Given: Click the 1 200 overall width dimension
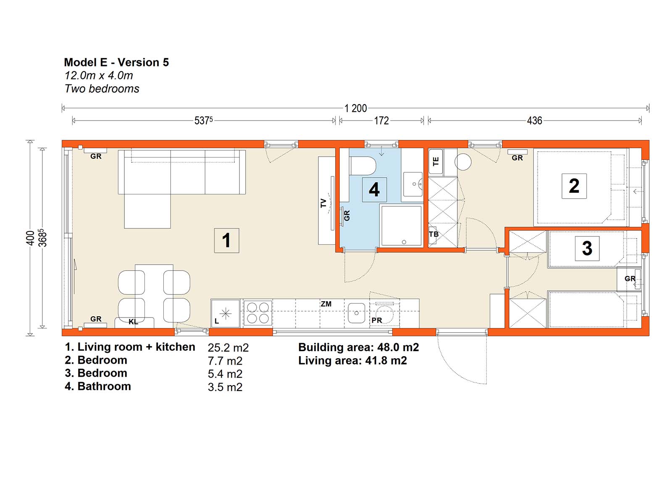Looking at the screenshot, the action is tap(355, 108).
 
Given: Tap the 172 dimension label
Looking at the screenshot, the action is tap(381, 121).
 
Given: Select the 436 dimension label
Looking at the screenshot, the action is tap(534, 121).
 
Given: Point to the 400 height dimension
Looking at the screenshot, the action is tap(30, 238).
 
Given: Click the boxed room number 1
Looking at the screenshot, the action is tap(226, 240).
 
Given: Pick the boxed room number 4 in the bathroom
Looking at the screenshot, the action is tap(374, 189).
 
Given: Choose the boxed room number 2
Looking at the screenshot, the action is tap(574, 186).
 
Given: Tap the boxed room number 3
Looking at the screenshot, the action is tap(587, 248).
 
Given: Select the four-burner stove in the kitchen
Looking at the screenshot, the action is tap(257, 313).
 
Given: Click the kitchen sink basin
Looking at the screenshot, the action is tap(357, 313).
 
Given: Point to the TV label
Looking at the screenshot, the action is tap(323, 203).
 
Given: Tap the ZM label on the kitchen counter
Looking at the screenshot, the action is tap(326, 304).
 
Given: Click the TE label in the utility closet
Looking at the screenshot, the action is tap(436, 161).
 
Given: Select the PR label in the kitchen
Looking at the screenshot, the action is tap(377, 320).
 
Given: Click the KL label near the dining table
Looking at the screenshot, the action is tap(133, 322).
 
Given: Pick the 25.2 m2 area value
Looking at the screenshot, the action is tap(228, 348).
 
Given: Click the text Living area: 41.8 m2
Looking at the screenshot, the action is tap(352, 360).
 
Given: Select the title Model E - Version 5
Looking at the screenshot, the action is tap(116, 63).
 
